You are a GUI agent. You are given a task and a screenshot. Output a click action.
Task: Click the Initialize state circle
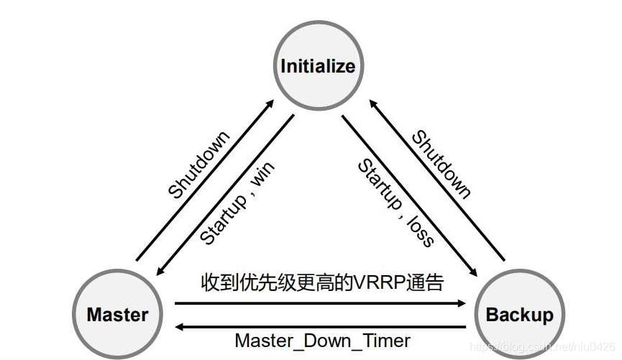point(318,67)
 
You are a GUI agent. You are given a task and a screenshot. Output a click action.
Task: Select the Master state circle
point(117,315)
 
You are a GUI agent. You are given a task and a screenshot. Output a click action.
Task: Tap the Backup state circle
point(519,315)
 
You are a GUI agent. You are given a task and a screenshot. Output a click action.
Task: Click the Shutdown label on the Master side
point(199,165)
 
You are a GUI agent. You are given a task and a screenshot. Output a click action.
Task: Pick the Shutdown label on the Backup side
point(441,164)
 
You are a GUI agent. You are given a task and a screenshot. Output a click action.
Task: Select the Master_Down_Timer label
point(323,341)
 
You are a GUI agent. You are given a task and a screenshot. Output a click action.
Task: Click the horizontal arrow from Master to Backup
point(320,303)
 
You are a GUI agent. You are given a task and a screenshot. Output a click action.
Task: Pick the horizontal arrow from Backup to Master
point(320,326)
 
